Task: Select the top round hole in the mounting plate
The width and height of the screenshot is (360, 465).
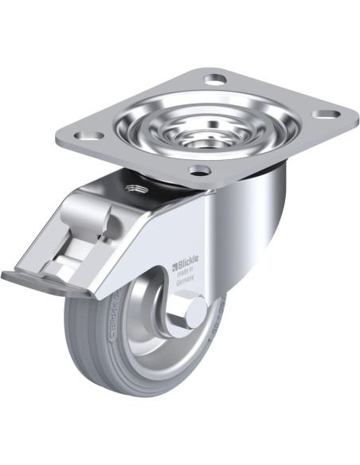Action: click(214, 79)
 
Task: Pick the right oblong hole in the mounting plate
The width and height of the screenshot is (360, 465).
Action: click(323, 115)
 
